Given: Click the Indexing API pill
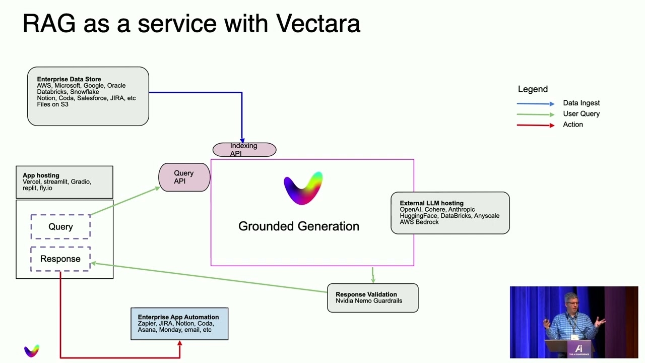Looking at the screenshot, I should click(244, 150).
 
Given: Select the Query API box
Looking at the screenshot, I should click(184, 177).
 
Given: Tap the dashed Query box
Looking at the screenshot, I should click(60, 227).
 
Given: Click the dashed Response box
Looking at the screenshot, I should click(60, 259).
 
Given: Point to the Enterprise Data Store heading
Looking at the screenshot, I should click(69, 79).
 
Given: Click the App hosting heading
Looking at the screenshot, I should click(41, 175).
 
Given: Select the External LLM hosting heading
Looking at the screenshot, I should click(431, 203).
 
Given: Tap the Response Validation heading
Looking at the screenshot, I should click(366, 294).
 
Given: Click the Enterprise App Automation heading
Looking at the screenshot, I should click(178, 317).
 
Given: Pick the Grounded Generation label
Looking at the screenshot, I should click(299, 226).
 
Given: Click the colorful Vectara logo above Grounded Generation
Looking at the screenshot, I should click(303, 188).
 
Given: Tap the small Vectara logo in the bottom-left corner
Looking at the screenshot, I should click(32, 350).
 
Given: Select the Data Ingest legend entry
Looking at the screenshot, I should click(581, 103).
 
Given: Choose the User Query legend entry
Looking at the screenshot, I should click(581, 114).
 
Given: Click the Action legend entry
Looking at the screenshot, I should click(573, 125).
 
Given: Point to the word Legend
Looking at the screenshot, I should click(533, 89).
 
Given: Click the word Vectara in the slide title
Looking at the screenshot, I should click(318, 24).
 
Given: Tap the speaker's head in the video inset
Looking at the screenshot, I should click(570, 301).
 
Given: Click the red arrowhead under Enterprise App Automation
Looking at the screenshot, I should click(180, 344).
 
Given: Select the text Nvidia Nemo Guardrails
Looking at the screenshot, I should click(369, 301).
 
